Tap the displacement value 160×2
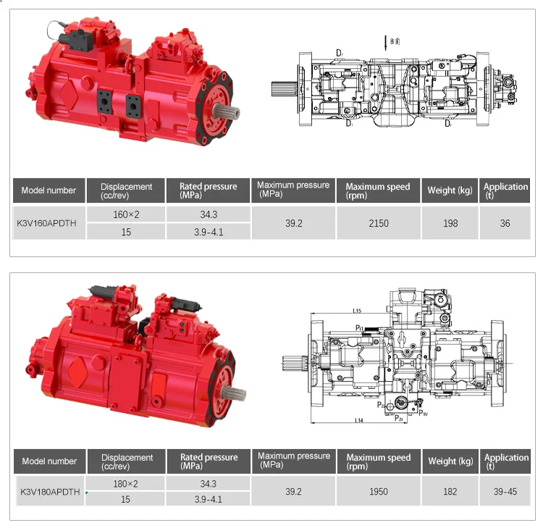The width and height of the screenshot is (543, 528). point(126,214)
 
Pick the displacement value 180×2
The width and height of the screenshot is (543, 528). point(126,483)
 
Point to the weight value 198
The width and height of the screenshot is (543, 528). point(450,223)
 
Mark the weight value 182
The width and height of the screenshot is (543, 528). point(450,491)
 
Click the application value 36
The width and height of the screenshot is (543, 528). point(505,223)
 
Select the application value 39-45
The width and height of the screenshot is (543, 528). point(506,491)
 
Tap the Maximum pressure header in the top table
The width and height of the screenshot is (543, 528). point(292,189)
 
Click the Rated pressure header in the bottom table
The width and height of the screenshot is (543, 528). point(209,461)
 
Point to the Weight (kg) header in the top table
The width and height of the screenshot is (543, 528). point(450,190)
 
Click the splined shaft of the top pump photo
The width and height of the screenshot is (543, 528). point(229,112)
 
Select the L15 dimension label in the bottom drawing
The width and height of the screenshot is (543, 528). point(358,311)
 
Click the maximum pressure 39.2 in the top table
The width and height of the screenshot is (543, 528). point(292,223)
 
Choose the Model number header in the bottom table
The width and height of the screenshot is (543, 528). point(49,461)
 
